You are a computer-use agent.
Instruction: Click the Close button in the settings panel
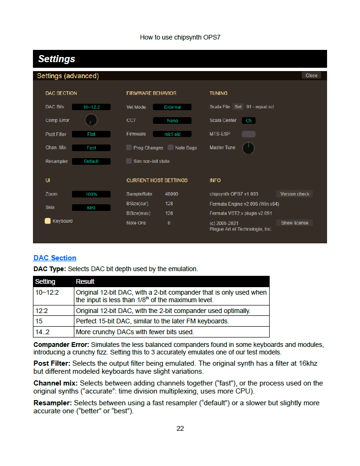[311, 75]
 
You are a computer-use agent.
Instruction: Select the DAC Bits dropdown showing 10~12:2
[91, 107]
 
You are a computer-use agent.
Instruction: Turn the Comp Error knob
[91, 121]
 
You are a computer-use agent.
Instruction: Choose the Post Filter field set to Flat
[91, 134]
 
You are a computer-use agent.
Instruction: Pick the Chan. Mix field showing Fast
[91, 148]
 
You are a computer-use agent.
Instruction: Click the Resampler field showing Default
[91, 161]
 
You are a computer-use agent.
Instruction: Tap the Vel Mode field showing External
[172, 107]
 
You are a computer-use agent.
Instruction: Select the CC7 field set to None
[172, 121]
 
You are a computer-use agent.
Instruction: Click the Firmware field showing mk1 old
[172, 134]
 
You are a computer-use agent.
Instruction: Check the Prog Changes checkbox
[129, 148]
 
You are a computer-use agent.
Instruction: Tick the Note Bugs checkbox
[170, 148]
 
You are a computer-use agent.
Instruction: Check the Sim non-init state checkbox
[129, 161]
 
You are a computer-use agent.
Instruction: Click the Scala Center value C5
[248, 121]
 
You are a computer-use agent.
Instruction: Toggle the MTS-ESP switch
[248, 134]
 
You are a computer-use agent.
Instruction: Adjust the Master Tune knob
[248, 148]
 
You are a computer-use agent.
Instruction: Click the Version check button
[295, 194]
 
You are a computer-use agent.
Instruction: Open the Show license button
[295, 223]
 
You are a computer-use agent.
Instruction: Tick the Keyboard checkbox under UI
[48, 221]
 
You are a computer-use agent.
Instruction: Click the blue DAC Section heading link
[55, 258]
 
